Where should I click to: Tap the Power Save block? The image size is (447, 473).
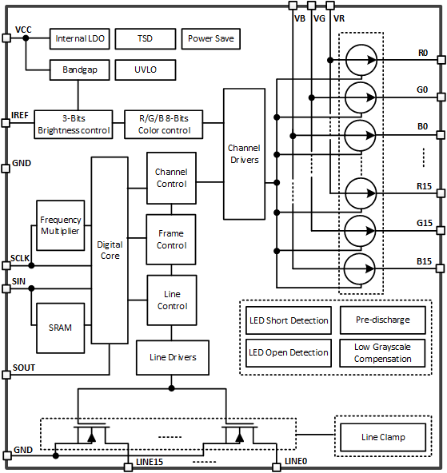211,38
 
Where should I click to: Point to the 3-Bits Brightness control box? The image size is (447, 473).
74,125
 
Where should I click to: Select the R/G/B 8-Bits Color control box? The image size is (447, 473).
164,125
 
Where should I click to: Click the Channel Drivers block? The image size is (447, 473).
244,153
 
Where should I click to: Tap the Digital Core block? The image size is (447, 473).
109,250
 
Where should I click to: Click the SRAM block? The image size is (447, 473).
61,328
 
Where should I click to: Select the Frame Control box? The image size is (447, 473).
171,240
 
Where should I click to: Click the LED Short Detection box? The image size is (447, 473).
287,320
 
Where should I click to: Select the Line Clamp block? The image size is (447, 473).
383,437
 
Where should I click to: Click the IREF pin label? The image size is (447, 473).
21,115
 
